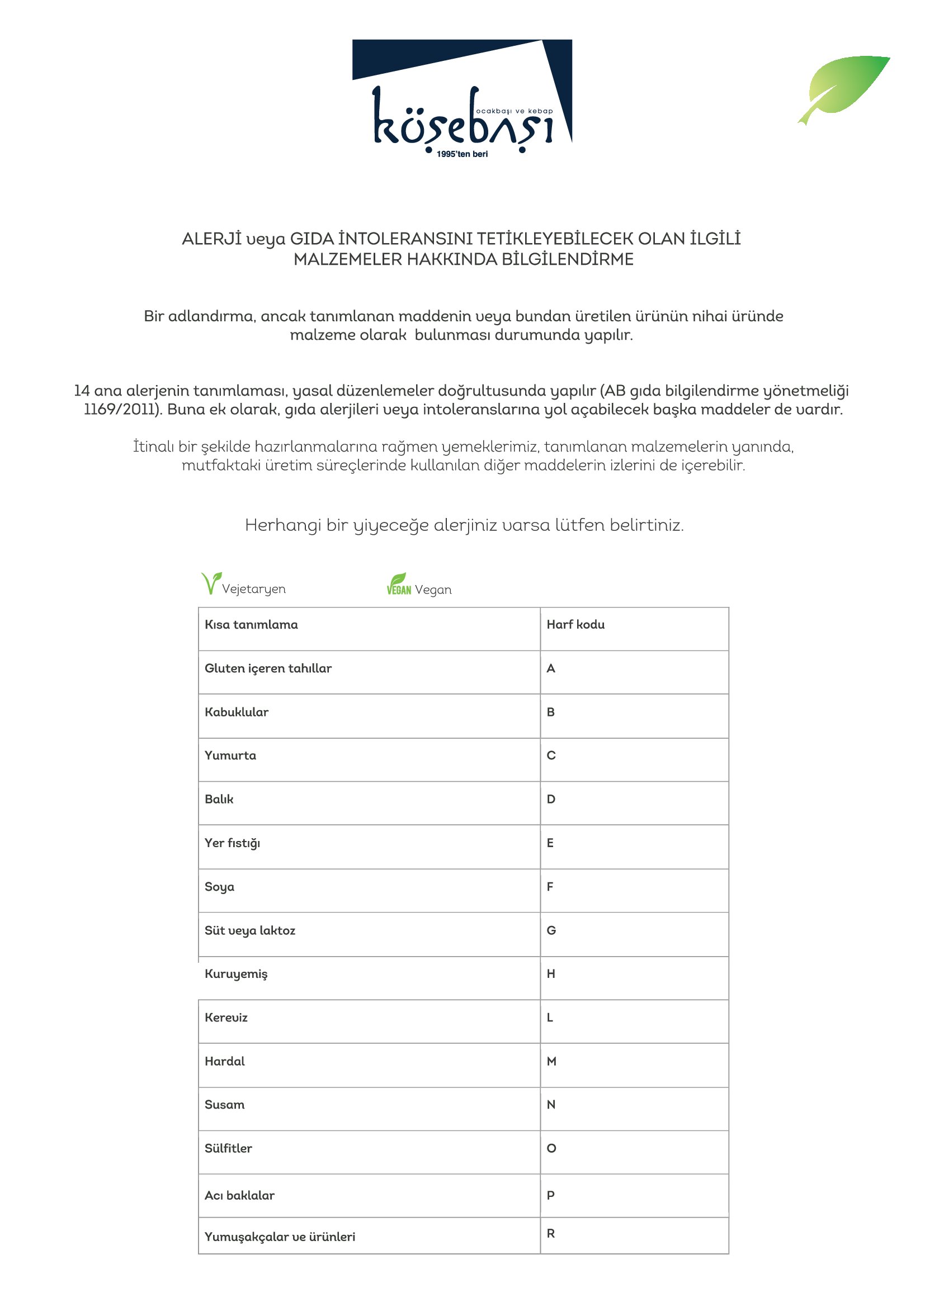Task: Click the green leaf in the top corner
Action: point(846,87)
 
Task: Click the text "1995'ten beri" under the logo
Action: point(462,154)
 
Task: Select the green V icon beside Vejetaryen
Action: point(210,583)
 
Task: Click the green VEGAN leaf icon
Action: point(398,584)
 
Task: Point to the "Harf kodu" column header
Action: point(575,625)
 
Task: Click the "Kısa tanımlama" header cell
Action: point(251,625)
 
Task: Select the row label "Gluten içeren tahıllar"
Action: point(268,668)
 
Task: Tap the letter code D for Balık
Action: point(551,799)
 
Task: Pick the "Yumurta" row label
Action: point(230,755)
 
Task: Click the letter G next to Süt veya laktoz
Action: point(551,930)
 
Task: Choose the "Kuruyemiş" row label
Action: point(236,974)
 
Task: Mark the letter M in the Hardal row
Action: point(551,1061)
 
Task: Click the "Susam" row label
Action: point(224,1104)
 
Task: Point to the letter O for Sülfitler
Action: point(551,1148)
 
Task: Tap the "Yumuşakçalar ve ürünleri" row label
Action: point(280,1237)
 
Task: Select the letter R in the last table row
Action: point(550,1233)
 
